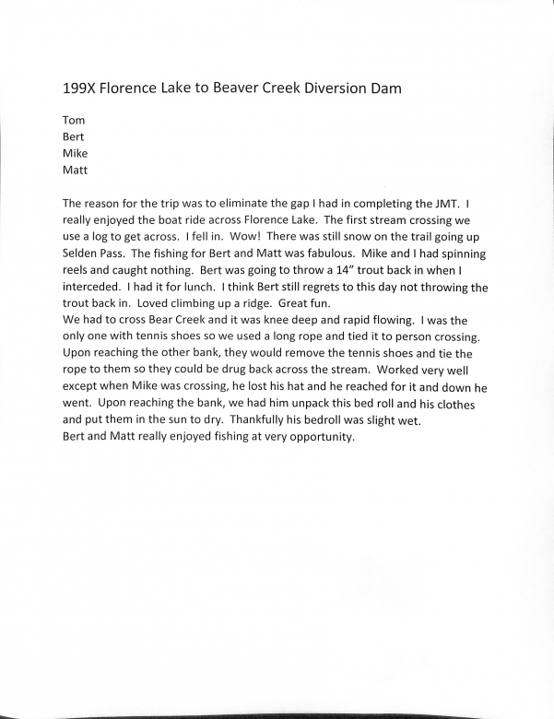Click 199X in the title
(x=78, y=88)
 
